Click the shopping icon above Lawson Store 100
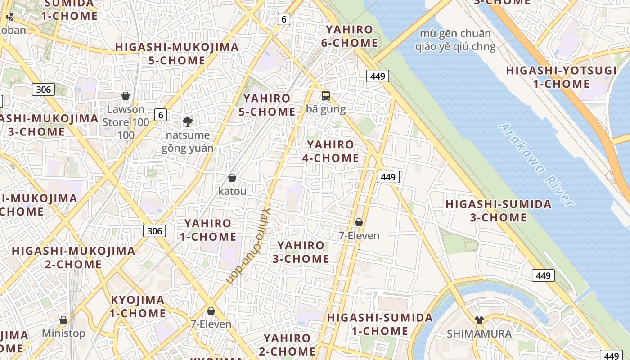(x=126, y=96)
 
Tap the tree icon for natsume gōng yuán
(x=187, y=121)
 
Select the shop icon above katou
(x=232, y=178)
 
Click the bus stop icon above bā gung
(x=326, y=96)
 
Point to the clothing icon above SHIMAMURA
(x=479, y=320)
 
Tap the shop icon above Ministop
(x=63, y=320)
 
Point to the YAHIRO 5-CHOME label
(x=267, y=105)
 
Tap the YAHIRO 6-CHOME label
(x=350, y=36)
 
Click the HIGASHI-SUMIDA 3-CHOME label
(x=499, y=211)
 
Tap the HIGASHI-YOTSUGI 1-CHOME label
(x=561, y=77)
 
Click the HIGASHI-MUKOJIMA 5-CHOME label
(x=177, y=54)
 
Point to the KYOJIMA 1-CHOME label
(x=138, y=306)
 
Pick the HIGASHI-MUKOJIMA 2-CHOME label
(x=73, y=257)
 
